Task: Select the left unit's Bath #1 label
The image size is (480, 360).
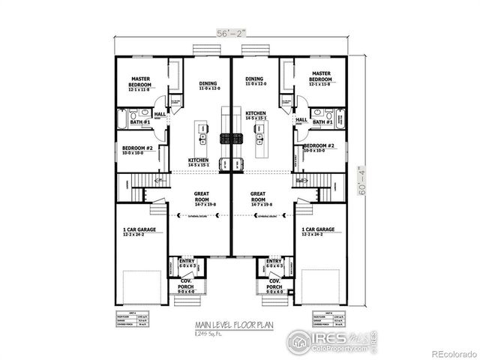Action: coord(142,121)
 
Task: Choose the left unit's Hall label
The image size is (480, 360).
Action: coord(160,114)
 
